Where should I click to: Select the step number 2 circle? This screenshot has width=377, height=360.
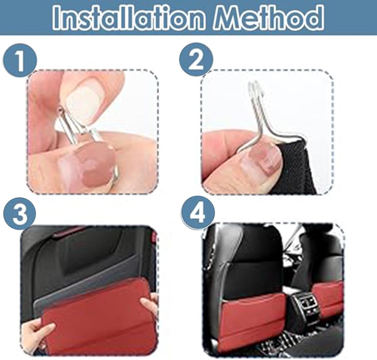click(195, 60)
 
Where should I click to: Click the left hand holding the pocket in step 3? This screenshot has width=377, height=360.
click(36, 331)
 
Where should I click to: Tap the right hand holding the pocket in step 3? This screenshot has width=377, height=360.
click(149, 305)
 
